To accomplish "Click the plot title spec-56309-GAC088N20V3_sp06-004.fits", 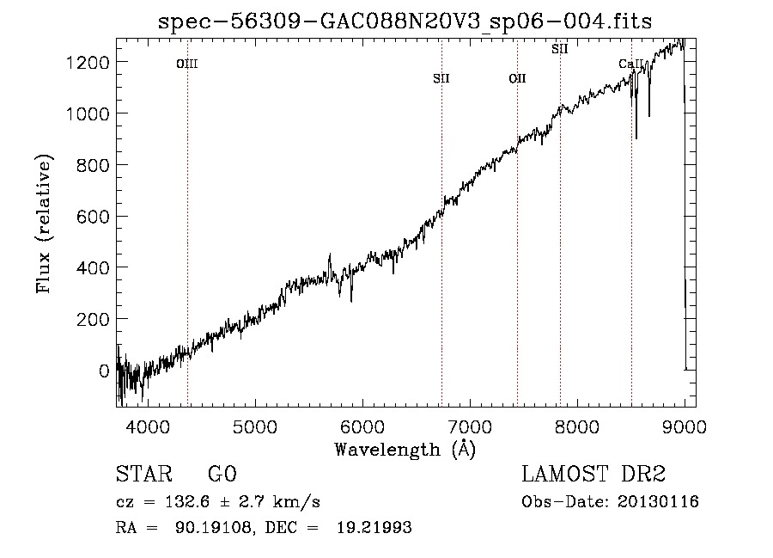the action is (x=405, y=21).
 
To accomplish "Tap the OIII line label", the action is (x=187, y=64).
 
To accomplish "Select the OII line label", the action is (x=517, y=78).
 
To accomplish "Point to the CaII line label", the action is (x=631, y=64).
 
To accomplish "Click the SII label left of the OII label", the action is (x=441, y=78).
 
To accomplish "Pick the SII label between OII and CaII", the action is (x=559, y=49).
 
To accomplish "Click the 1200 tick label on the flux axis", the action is (x=88, y=63).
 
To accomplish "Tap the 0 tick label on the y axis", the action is (x=104, y=371).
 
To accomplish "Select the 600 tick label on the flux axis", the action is (x=93, y=217).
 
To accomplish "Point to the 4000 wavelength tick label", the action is (x=148, y=426).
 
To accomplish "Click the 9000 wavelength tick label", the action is (x=685, y=426).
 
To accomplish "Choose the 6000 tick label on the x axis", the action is (x=362, y=426).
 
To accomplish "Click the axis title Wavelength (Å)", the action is (x=405, y=450).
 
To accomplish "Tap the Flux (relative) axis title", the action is (x=44, y=224).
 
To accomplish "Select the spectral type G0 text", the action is (x=222, y=474).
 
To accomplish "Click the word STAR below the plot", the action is (x=144, y=474).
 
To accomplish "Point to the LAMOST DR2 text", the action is (x=593, y=474).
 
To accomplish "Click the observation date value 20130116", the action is (x=658, y=502).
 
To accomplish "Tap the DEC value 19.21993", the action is (x=374, y=527).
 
